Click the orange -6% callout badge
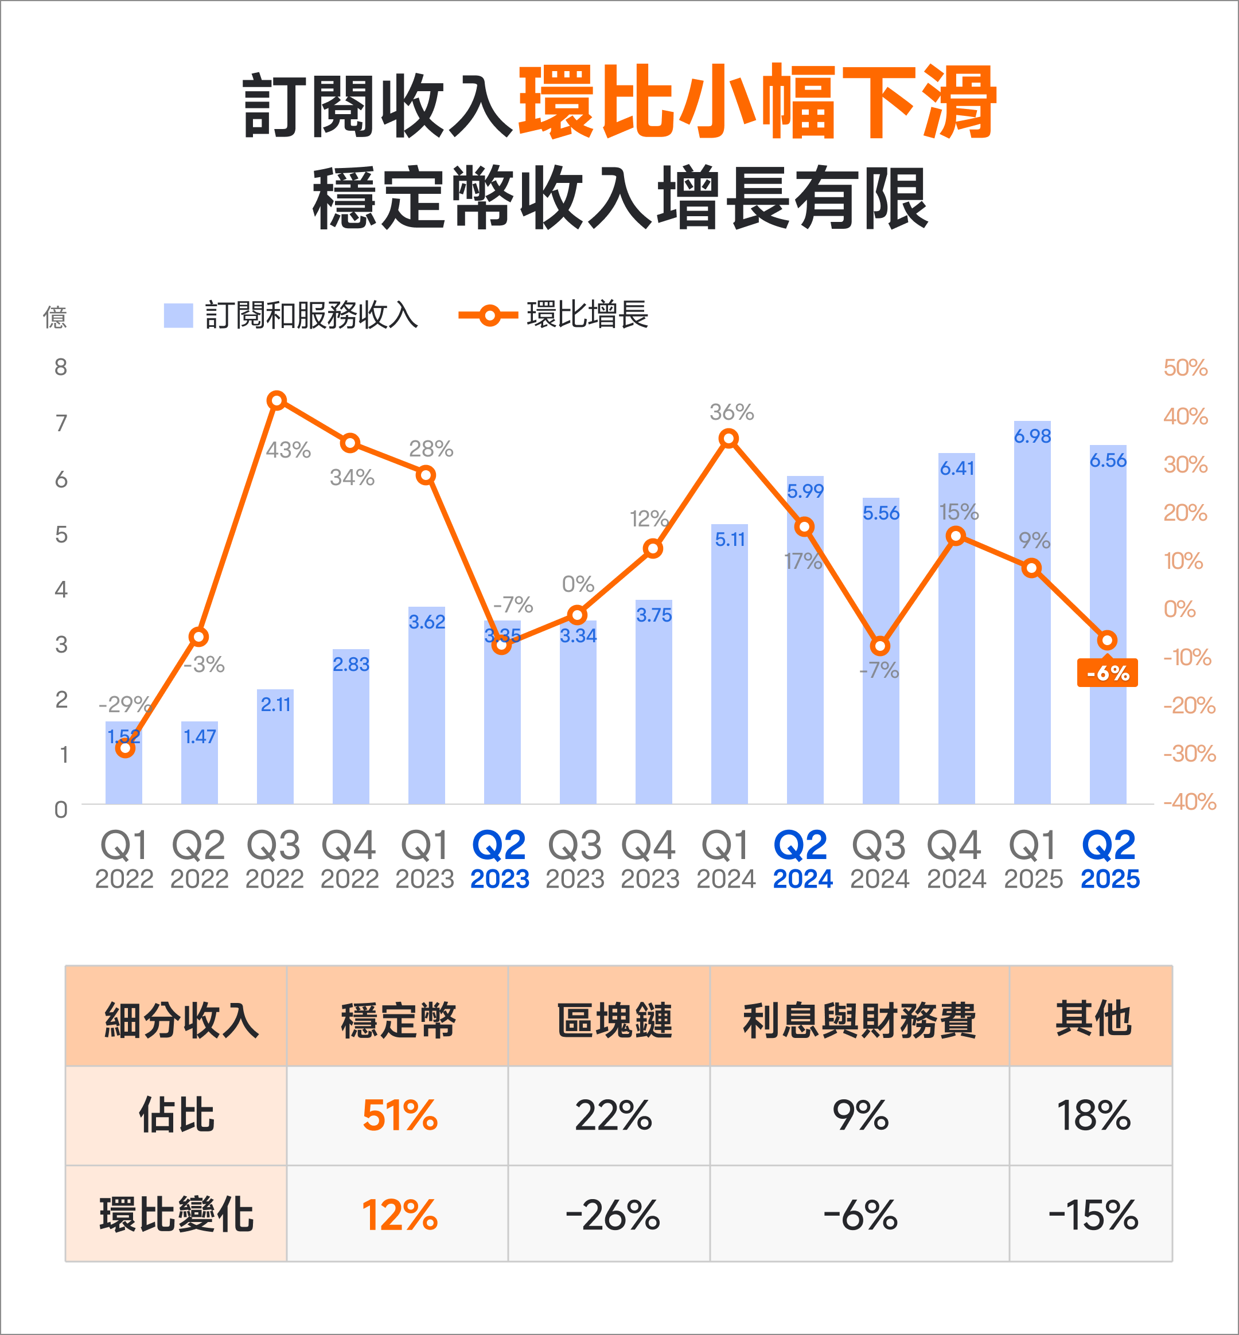(x=1107, y=673)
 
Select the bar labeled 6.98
(x=1032, y=616)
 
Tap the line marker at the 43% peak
(x=277, y=401)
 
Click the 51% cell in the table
(x=400, y=1116)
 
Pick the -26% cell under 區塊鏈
(x=612, y=1215)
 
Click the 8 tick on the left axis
(x=61, y=367)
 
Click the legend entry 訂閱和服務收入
(x=291, y=315)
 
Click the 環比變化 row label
(x=176, y=1215)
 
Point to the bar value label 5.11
(x=730, y=540)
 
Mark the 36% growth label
(x=731, y=412)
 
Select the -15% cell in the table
(x=1093, y=1215)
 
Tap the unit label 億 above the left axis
(x=55, y=317)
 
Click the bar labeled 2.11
(x=275, y=751)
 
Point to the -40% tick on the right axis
(x=1189, y=802)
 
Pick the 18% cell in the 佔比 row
(x=1093, y=1116)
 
